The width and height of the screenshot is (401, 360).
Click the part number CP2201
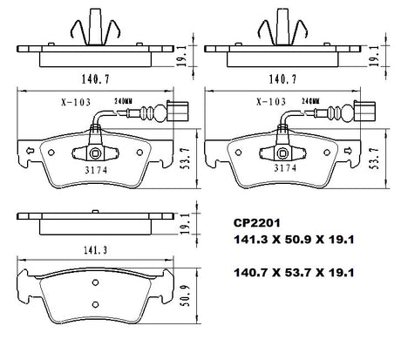pos(257,223)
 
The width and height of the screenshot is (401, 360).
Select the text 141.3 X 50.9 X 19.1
pos(294,240)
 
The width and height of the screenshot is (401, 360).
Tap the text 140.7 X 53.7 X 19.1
pos(294,273)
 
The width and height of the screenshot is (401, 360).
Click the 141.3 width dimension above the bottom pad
pos(96,250)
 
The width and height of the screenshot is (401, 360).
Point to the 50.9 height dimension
pos(185,295)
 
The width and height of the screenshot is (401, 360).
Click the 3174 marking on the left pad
pos(96,170)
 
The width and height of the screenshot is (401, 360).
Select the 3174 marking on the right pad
pos(285,168)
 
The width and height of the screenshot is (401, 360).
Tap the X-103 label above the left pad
pos(76,102)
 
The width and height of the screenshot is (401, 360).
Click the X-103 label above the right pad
pos(271,101)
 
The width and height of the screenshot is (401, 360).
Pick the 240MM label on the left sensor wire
pos(123,101)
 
